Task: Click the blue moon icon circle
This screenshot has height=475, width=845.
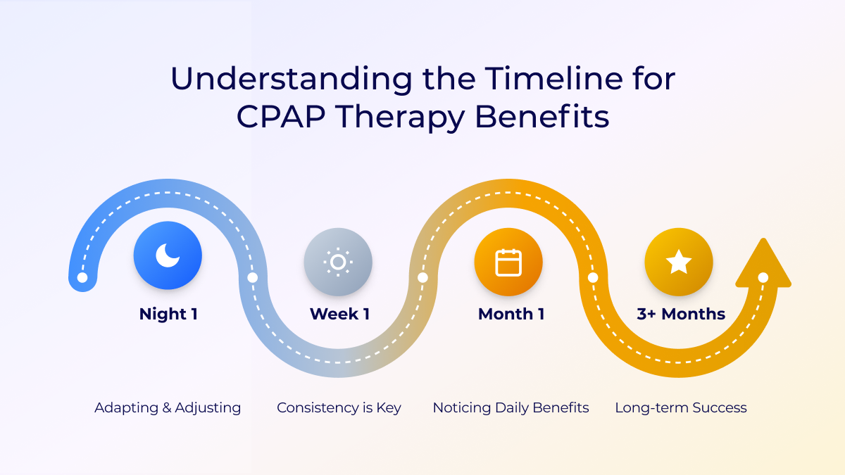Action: click(168, 255)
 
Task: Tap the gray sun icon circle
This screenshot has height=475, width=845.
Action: click(338, 262)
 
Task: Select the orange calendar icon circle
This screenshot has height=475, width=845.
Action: click(508, 262)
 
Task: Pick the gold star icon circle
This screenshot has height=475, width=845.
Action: click(679, 262)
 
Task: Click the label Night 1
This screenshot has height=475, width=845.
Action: click(168, 314)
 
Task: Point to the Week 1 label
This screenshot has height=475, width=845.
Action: click(339, 314)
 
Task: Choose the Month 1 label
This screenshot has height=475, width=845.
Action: click(511, 314)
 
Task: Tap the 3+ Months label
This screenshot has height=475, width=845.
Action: click(681, 314)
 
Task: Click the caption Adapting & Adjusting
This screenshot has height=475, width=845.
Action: click(168, 408)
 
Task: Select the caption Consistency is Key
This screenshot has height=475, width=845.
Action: click(339, 408)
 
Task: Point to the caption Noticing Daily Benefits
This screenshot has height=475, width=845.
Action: click(511, 408)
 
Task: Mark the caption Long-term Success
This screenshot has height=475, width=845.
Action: click(681, 408)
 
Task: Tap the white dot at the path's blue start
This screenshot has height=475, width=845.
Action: click(82, 277)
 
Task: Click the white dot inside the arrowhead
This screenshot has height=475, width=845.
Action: click(763, 277)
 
